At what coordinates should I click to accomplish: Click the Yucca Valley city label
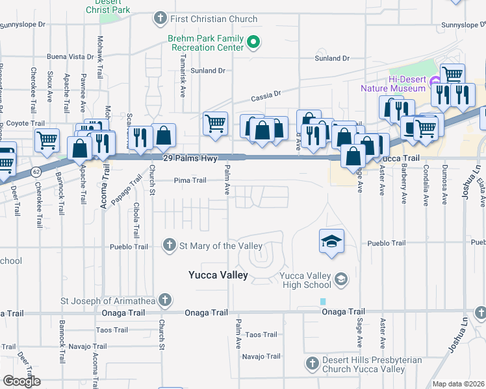click(x=218, y=275)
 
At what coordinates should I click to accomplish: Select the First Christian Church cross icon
click(x=160, y=19)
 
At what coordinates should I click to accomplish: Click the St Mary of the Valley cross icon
click(x=169, y=245)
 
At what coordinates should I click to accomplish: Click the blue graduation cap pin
click(x=331, y=242)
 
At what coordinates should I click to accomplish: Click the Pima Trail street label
click(x=190, y=181)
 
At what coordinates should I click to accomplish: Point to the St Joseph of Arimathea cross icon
click(x=165, y=300)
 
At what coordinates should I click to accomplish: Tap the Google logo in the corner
click(x=21, y=381)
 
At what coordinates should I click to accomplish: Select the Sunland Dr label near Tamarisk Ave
click(x=208, y=70)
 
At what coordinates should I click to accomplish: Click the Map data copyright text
click(x=457, y=384)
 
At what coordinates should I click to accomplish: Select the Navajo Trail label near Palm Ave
click(x=261, y=356)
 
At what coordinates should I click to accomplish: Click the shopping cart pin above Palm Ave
click(x=214, y=123)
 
